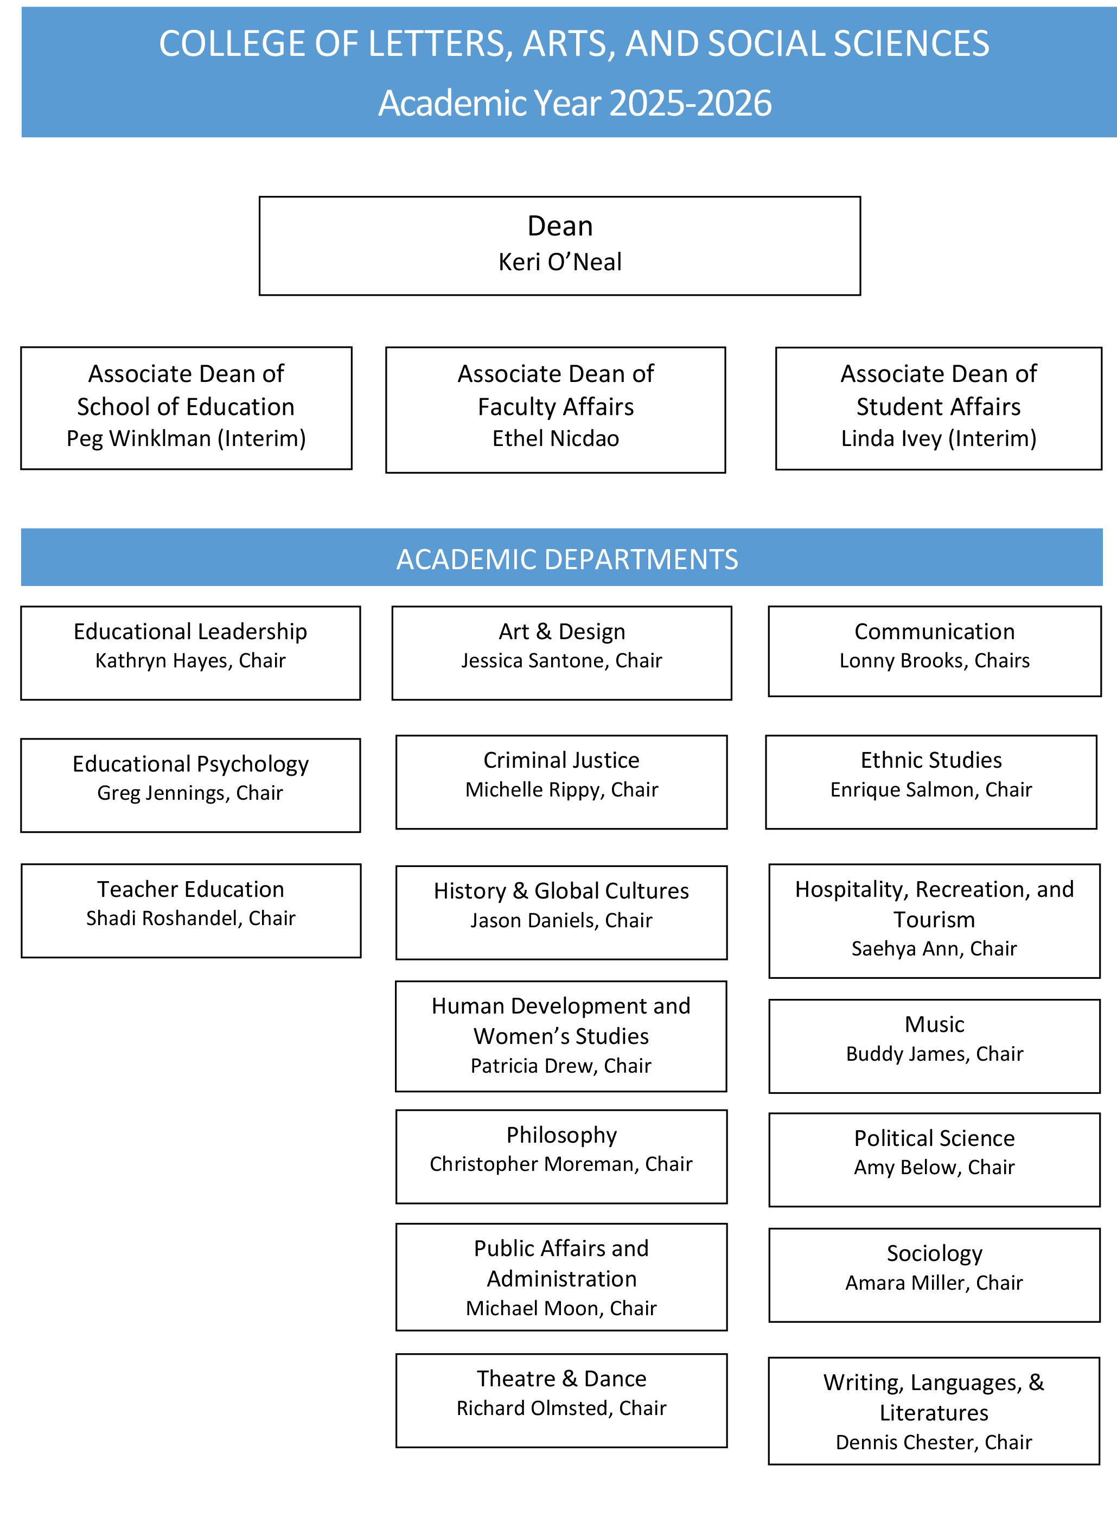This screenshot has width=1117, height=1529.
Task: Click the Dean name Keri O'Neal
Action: (559, 262)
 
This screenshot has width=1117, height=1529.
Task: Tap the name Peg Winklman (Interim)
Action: (186, 438)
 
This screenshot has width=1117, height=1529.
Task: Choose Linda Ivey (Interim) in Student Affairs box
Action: (939, 438)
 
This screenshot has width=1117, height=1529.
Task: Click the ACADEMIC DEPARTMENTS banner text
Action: (566, 559)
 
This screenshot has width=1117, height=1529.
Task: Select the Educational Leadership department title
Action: (190, 631)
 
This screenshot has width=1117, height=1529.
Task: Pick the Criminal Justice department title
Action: (561, 760)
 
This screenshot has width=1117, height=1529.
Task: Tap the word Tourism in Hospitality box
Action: (934, 919)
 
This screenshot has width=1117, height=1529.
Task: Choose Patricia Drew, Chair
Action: (560, 1065)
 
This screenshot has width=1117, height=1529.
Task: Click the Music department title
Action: (934, 1024)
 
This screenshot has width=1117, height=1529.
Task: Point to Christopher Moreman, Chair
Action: (560, 1163)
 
